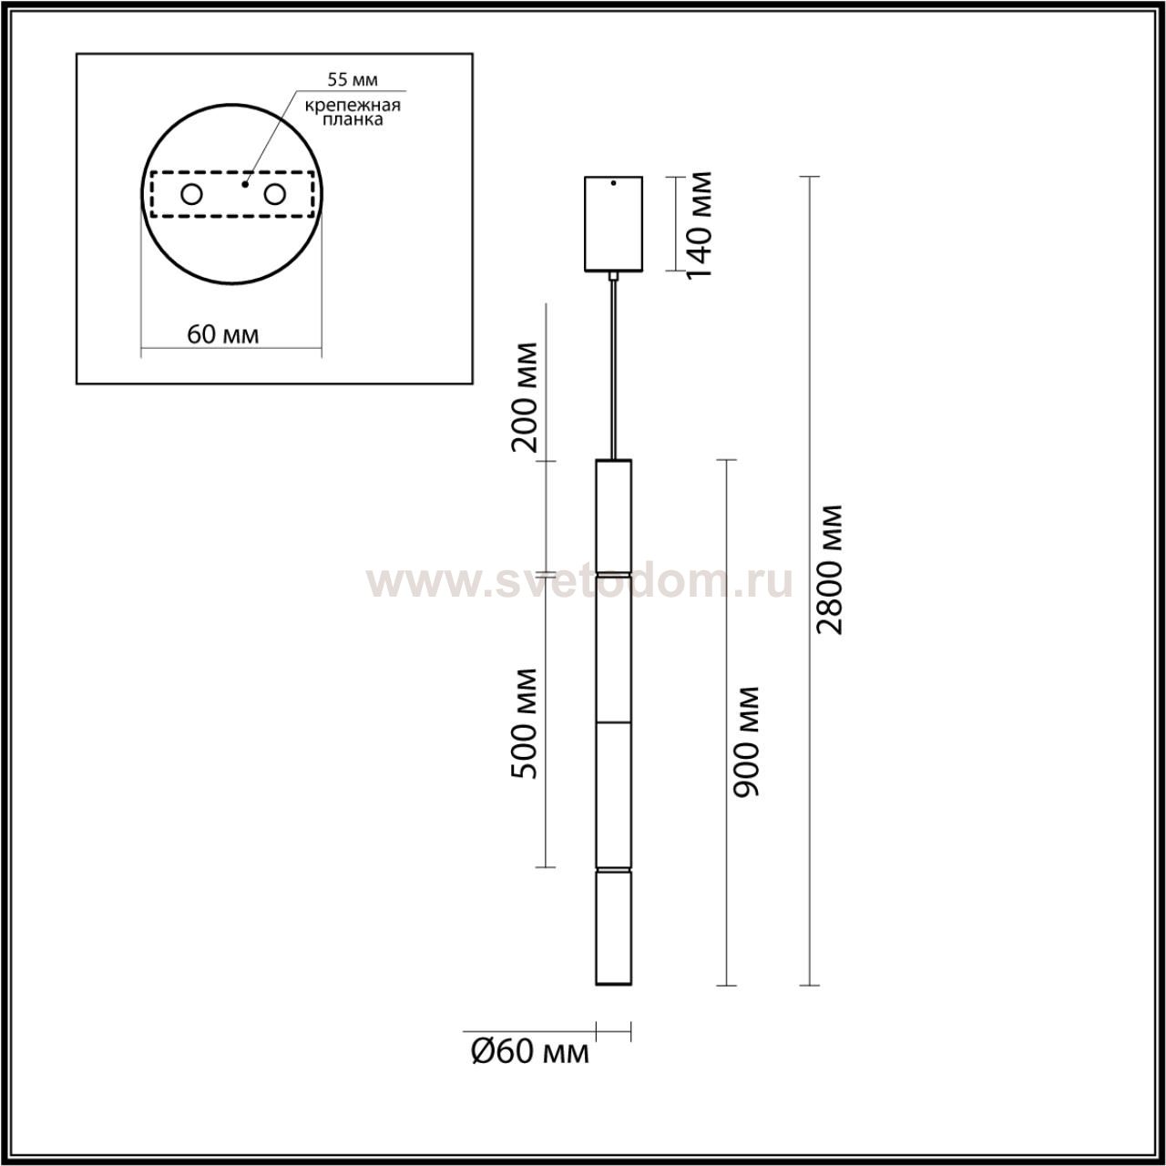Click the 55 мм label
click(x=353, y=79)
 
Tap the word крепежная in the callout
click(x=353, y=106)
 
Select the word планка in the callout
click(x=353, y=120)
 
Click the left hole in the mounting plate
click(x=192, y=195)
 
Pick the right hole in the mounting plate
click(x=274, y=195)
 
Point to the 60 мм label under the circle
click(x=222, y=334)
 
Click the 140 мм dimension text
click(x=701, y=224)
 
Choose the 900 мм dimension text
click(x=746, y=742)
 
